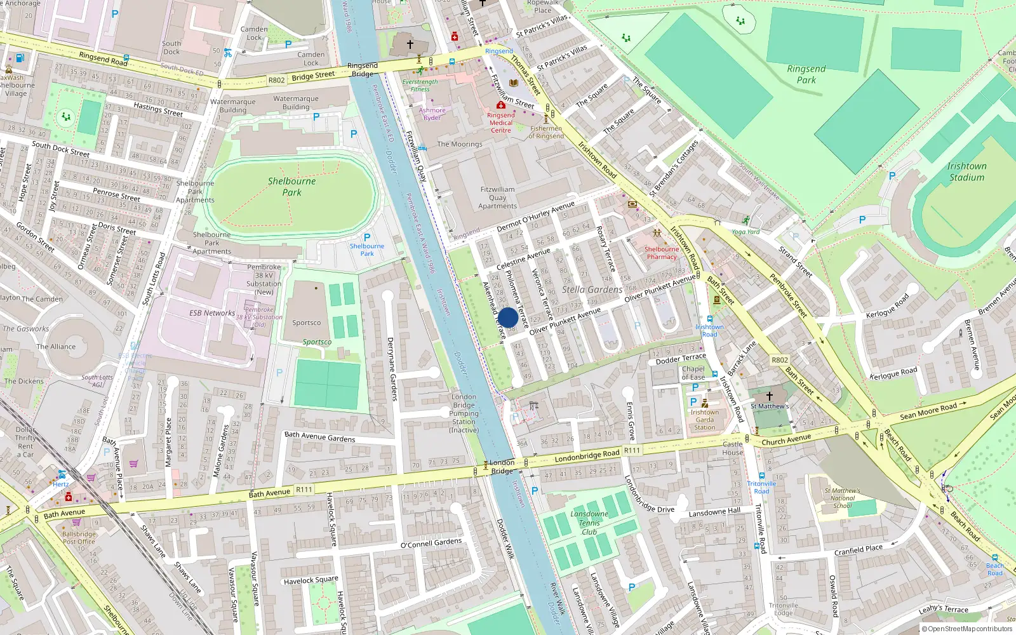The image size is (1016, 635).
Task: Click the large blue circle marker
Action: point(507,317)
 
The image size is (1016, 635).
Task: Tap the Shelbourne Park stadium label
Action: point(291,187)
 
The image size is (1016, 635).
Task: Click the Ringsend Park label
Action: point(806,74)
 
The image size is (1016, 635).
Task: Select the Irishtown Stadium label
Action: point(966,171)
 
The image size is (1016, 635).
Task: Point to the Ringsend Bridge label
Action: point(363,70)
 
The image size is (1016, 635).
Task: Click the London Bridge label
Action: point(502,467)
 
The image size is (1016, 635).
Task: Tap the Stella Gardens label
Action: point(592,290)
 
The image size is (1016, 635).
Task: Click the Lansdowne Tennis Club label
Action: point(589,523)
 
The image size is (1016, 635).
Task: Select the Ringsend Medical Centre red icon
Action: point(500,105)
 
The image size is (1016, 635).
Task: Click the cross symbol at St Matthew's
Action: point(769,396)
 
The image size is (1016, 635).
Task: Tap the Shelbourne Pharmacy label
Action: point(662,253)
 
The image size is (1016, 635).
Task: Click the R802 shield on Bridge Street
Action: point(276,80)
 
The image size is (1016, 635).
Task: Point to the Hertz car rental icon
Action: point(62,474)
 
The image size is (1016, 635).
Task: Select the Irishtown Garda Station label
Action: point(704,419)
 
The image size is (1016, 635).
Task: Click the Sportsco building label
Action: point(306,323)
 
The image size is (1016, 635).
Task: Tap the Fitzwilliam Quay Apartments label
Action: point(498,197)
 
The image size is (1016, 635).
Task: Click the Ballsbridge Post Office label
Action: point(79,538)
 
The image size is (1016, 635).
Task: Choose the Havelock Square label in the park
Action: point(311,580)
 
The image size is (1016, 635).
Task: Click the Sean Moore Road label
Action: point(928,411)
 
